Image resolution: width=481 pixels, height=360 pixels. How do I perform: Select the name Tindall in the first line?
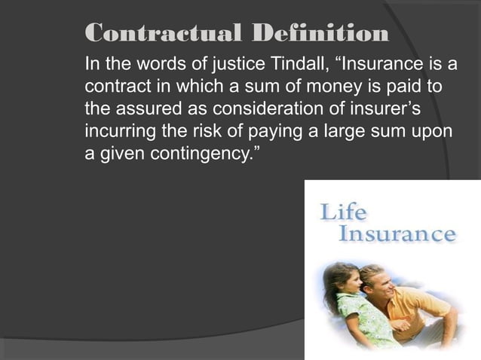tap(280, 61)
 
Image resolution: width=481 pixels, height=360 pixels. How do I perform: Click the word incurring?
tap(115, 120)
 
